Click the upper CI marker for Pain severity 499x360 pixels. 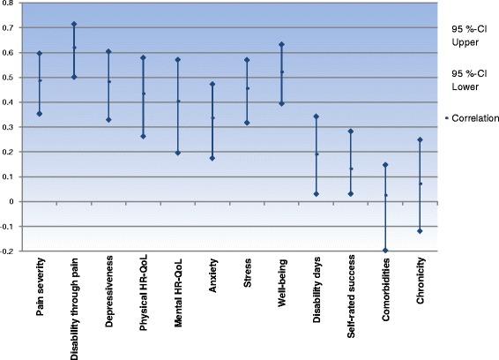(40, 54)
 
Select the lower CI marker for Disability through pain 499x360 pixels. (74, 77)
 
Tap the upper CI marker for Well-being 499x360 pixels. (282, 44)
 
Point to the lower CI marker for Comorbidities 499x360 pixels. (386, 251)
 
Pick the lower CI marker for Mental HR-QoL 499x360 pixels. (178, 153)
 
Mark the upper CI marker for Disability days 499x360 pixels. (317, 116)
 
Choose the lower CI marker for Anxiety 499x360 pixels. (212, 158)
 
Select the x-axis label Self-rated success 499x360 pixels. (351, 304)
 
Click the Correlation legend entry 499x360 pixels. (473, 117)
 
